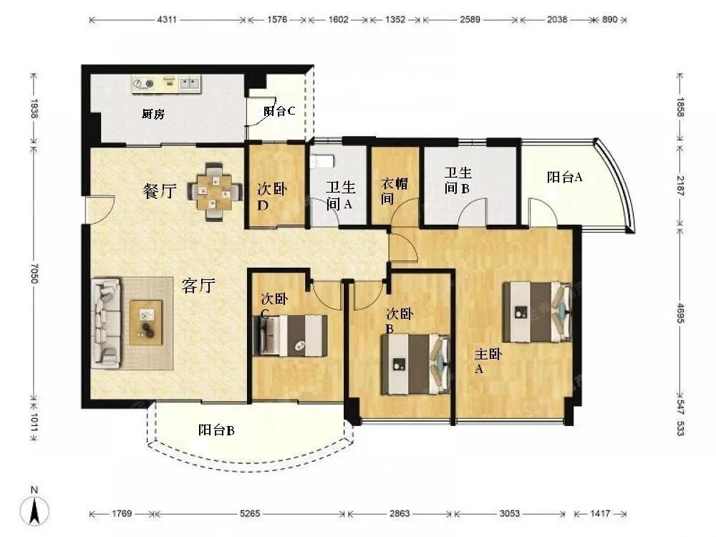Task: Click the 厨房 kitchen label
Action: (x=153, y=114)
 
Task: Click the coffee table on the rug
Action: (x=146, y=322)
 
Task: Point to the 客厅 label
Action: (x=198, y=286)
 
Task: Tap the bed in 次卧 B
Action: (x=415, y=364)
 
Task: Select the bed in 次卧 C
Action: (x=290, y=335)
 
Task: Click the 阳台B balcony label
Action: (x=216, y=430)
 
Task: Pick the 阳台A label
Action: (x=565, y=177)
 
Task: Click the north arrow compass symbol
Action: (x=34, y=507)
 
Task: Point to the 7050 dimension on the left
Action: (x=34, y=273)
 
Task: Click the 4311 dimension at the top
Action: (x=167, y=19)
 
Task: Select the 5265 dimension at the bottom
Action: (x=250, y=513)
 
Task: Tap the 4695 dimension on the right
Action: (x=680, y=314)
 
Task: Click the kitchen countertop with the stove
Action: (x=166, y=84)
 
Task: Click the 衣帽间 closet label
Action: (x=394, y=191)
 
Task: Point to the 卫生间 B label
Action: (x=458, y=180)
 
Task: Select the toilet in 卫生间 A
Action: (x=322, y=160)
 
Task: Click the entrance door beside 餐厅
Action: (x=100, y=210)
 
